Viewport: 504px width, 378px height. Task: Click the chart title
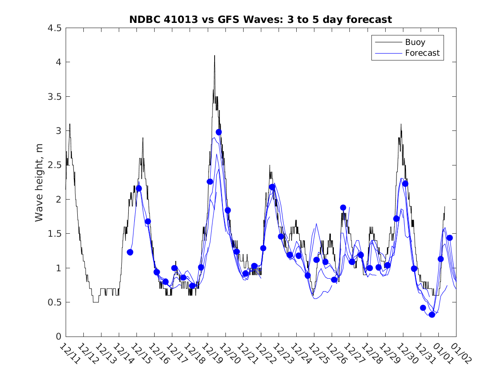(x=260, y=19)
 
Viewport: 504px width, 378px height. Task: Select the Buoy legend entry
(x=415, y=42)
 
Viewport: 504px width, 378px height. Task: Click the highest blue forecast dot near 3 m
(x=219, y=132)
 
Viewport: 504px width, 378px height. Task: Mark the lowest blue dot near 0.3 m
(x=432, y=314)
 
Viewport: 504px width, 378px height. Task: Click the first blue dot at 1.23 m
(x=130, y=252)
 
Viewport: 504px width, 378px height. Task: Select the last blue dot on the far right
(x=450, y=238)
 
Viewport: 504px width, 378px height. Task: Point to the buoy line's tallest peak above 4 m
(x=214, y=56)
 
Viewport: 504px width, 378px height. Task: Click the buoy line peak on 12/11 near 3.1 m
(x=70, y=124)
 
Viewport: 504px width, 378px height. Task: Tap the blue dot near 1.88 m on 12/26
(x=343, y=207)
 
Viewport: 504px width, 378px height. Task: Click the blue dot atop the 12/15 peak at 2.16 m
(x=139, y=188)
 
